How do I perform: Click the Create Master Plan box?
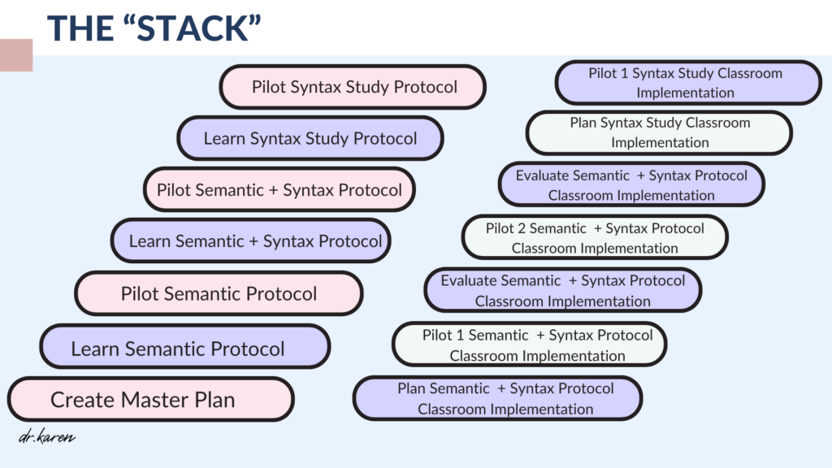click(150, 399)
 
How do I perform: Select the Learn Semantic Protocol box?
click(184, 346)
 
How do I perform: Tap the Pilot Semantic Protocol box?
click(219, 293)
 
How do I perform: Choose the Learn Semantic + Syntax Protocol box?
click(250, 240)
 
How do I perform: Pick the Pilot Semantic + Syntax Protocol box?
click(279, 189)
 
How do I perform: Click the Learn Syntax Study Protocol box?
click(310, 138)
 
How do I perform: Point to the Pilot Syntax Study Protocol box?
click(353, 86)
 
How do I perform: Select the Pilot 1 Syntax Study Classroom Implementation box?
click(688, 82)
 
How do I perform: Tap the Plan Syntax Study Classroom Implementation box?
click(659, 132)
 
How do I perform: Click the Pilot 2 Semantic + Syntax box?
click(595, 237)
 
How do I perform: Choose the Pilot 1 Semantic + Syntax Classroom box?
click(530, 344)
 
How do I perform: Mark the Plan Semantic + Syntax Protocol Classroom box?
click(498, 398)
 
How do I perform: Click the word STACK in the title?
click(193, 28)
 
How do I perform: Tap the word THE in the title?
click(80, 28)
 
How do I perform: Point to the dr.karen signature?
click(46, 436)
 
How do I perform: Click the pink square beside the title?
click(16, 55)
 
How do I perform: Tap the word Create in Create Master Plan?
click(83, 400)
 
